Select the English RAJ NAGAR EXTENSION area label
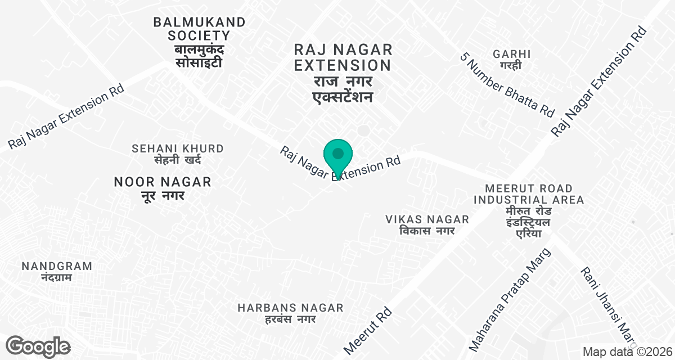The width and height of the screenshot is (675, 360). [x=343, y=57]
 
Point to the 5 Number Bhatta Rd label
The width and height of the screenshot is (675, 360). [x=507, y=85]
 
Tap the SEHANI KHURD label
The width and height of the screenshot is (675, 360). [x=178, y=148]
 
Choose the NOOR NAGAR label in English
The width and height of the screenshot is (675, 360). [x=163, y=182]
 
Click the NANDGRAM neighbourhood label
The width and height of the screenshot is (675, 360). [x=56, y=266]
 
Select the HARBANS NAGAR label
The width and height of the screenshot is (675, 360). [x=290, y=308]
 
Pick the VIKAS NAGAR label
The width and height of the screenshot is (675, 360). [x=427, y=219]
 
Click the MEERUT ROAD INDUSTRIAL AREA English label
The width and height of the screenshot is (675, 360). [x=529, y=194]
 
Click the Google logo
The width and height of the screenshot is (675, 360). [x=38, y=346]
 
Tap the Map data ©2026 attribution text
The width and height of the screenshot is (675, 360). [x=627, y=352]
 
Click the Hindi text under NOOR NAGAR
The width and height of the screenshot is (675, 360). [x=163, y=196]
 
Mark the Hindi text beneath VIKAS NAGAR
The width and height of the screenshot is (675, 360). [x=427, y=231]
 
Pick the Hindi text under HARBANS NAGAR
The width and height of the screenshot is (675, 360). [x=290, y=319]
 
